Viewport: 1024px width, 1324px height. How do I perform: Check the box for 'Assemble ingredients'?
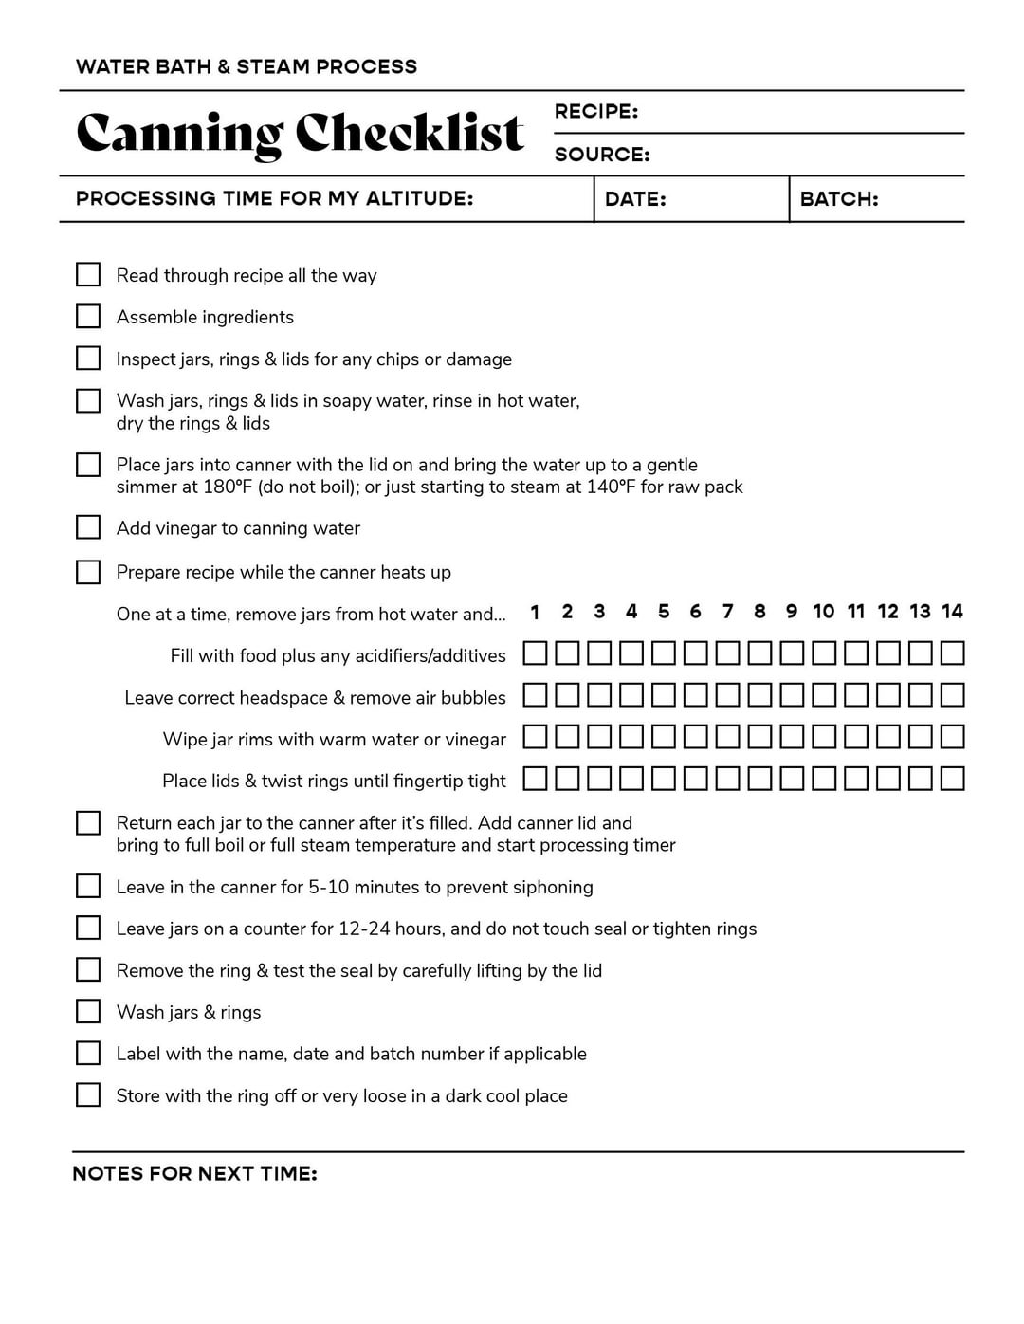click(88, 316)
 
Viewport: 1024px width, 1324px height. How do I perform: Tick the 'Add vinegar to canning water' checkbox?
click(88, 527)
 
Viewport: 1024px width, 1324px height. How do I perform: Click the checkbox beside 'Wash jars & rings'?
click(88, 1011)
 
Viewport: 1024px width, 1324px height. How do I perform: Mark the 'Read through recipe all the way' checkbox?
click(88, 274)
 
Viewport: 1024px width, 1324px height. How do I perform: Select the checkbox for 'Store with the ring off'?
click(88, 1094)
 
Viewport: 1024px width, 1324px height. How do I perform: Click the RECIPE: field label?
click(595, 112)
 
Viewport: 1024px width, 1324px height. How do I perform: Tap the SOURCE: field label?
click(602, 155)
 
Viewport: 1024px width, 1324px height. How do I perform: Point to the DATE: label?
click(635, 199)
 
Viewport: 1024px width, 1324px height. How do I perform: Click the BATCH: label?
click(839, 199)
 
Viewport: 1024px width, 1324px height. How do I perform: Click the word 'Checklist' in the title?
click(410, 134)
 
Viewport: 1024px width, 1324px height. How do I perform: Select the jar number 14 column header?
click(952, 612)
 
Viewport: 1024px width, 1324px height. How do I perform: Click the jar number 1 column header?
click(535, 612)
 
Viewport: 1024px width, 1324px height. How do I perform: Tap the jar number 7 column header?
click(727, 612)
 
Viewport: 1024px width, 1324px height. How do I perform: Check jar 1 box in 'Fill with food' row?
click(535, 653)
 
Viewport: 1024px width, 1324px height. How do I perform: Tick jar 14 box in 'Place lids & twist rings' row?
click(952, 779)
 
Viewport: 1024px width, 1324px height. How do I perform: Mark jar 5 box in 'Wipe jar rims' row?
click(664, 737)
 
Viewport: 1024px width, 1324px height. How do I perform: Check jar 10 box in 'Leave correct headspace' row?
click(824, 695)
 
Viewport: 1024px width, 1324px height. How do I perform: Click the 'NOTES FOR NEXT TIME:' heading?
click(194, 1174)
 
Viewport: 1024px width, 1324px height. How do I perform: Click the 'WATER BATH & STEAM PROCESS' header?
click(247, 67)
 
